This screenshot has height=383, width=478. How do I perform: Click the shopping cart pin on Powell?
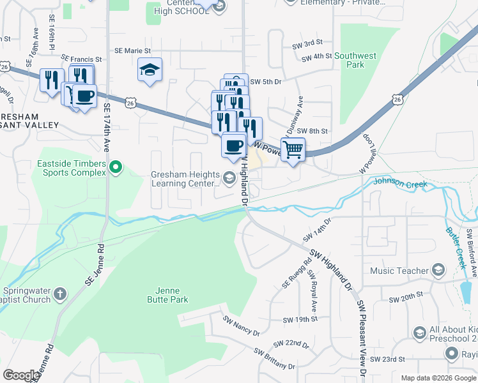click(293, 150)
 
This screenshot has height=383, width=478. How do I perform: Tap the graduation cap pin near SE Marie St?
click(150, 70)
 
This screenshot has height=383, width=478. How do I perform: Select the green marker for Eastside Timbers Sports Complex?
click(116, 168)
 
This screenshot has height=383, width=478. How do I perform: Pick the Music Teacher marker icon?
click(438, 271)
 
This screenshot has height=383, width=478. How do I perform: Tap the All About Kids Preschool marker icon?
click(419, 333)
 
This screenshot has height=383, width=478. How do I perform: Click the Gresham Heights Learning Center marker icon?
click(229, 176)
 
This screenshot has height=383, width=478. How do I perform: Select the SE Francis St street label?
click(81, 58)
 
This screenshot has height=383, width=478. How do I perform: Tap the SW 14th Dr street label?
click(320, 230)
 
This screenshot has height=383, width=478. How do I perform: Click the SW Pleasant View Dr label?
click(362, 338)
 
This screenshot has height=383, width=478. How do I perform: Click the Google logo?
click(22, 375)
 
